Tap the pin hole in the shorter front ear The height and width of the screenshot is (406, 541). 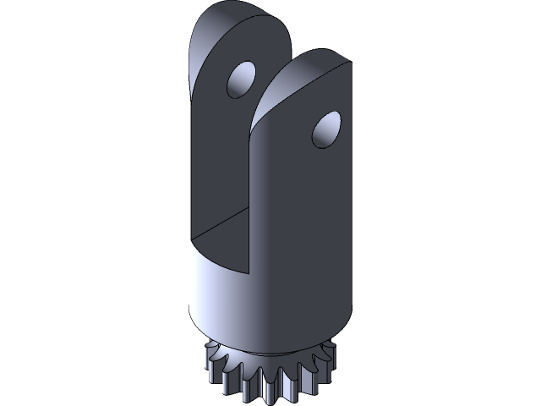(x=325, y=131)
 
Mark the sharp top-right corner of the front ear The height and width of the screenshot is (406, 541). (x=350, y=65)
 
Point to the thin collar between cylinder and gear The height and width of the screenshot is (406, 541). (x=270, y=352)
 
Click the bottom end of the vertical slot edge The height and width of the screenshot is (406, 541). (x=251, y=275)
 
